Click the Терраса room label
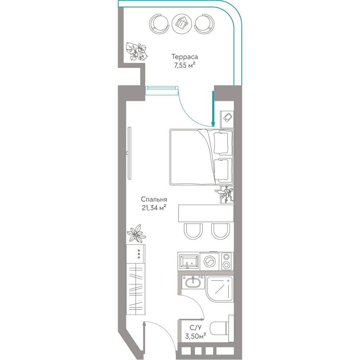click(185, 57)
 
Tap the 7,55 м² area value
click(185, 66)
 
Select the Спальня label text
click(154, 199)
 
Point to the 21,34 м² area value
click(154, 208)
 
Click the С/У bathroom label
click(195, 327)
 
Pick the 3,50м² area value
click(195, 336)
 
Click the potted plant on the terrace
click(136, 51)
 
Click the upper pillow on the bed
click(221, 143)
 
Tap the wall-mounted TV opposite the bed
click(130, 153)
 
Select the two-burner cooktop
click(227, 261)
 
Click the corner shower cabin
click(220, 289)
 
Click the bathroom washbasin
click(193, 282)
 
